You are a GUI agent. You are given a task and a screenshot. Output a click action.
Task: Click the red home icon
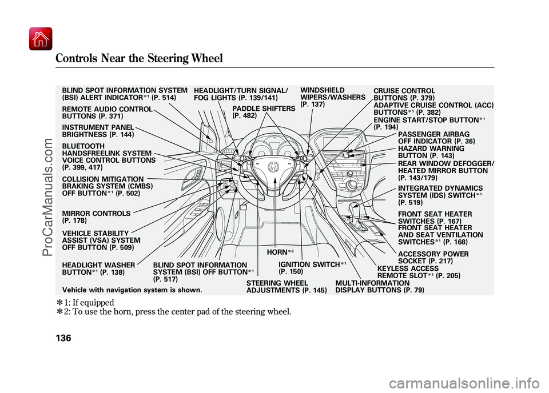pos(41,39)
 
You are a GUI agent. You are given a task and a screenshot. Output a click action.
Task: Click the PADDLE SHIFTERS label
pos(264,111)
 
